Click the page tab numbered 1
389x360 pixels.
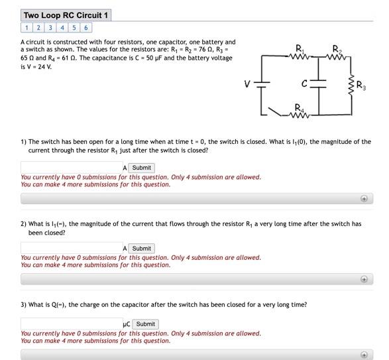click(x=27, y=28)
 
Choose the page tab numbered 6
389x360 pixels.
click(x=87, y=28)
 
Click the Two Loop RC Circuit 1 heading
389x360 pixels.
click(x=66, y=15)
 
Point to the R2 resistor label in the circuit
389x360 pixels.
click(x=337, y=46)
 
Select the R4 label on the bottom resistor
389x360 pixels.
click(x=300, y=107)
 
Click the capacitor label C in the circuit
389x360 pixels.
click(x=304, y=84)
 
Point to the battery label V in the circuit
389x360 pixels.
click(x=247, y=84)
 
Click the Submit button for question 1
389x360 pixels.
click(x=142, y=168)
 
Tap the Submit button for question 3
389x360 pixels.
click(x=146, y=324)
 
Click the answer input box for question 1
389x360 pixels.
click(x=71, y=168)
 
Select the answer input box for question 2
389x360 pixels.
click(x=71, y=248)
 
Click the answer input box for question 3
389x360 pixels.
click(x=71, y=324)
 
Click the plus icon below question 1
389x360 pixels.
click(x=364, y=198)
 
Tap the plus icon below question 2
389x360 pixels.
click(x=364, y=279)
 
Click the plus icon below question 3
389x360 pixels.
click(x=364, y=355)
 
